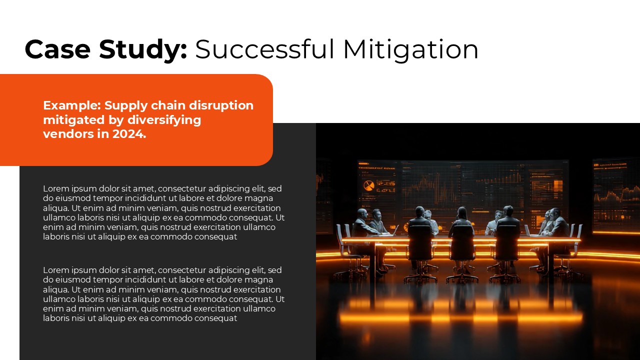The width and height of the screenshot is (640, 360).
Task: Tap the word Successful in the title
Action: (x=264, y=49)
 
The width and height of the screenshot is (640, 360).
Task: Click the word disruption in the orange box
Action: (x=224, y=105)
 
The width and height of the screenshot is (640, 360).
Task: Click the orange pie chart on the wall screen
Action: (x=368, y=186)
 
